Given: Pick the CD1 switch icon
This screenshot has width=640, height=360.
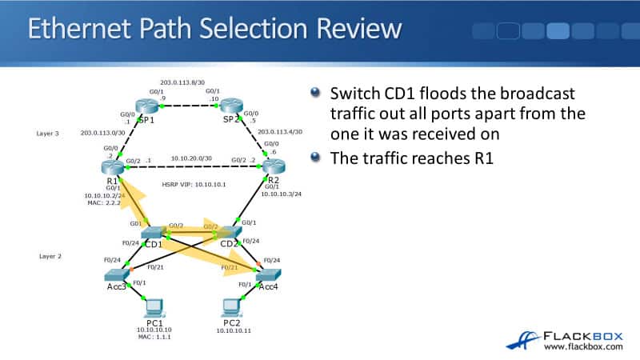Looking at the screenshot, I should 154,232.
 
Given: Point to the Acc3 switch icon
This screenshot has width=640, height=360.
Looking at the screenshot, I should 118,274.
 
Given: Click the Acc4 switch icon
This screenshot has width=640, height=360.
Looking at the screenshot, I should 268,274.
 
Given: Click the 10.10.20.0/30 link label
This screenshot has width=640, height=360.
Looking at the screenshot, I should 191,158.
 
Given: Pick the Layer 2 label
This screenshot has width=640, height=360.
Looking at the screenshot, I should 50,257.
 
